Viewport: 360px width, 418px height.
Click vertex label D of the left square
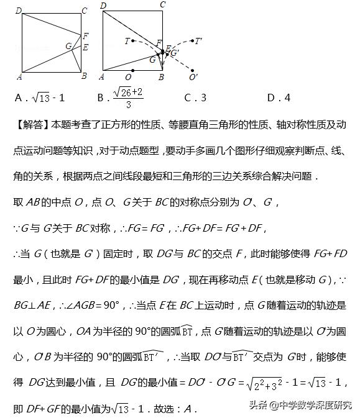click(x=19, y=10)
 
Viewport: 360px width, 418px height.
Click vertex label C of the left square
click(x=85, y=10)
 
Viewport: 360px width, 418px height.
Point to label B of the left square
click(x=84, y=76)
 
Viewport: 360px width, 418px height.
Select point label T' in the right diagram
click(x=198, y=42)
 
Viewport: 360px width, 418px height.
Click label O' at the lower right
click(x=193, y=78)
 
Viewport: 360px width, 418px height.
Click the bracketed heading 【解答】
click(x=31, y=125)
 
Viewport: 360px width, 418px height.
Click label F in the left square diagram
click(x=86, y=35)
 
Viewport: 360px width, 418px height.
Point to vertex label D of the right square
click(x=103, y=6)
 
